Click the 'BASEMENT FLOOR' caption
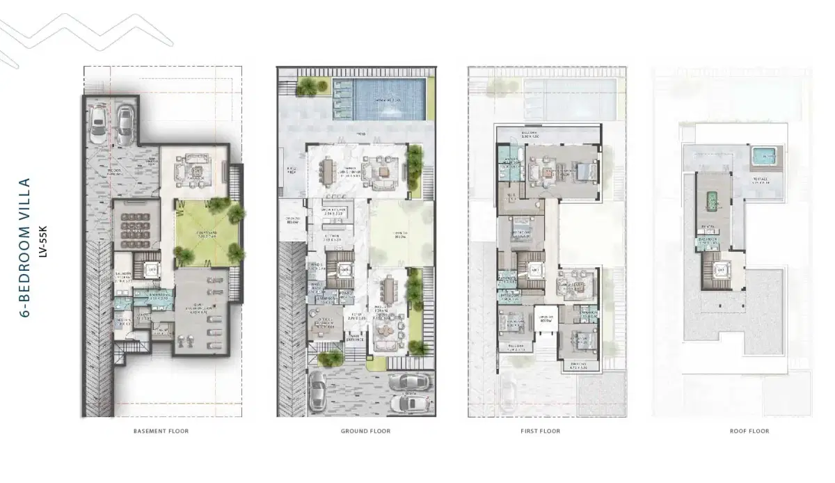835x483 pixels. [161, 431]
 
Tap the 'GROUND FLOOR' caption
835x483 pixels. [365, 431]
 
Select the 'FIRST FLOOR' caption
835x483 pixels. [540, 431]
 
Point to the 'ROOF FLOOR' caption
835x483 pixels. [749, 431]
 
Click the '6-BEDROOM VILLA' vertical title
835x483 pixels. [25, 248]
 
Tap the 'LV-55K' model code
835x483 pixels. [42, 248]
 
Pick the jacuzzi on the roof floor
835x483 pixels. [765, 157]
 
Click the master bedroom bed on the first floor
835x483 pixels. [581, 169]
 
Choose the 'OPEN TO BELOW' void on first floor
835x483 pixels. [546, 320]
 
